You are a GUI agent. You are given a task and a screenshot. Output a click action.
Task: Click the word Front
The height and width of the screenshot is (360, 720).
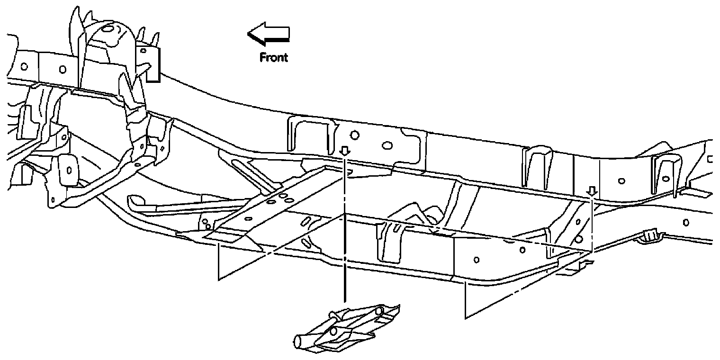(x=273, y=57)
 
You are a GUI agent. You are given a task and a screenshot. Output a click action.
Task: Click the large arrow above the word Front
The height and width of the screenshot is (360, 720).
(x=268, y=35)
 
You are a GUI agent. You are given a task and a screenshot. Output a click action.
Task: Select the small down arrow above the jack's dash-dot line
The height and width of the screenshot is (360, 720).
(x=345, y=151)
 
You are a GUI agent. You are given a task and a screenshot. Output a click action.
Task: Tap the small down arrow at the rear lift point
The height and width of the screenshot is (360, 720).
(x=591, y=191)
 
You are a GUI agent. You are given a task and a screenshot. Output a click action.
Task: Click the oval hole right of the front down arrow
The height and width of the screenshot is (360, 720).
(x=387, y=145)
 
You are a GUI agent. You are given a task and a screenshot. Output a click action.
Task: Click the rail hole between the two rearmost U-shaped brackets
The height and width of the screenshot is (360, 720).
(x=621, y=180)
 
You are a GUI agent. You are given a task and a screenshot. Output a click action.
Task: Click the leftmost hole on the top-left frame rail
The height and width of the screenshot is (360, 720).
(x=25, y=65)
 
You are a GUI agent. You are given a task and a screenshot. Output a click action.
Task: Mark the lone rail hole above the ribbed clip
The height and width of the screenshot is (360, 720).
(x=686, y=221)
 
